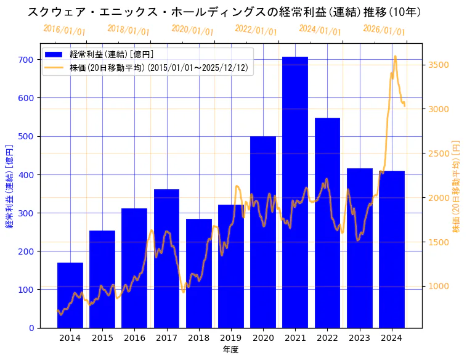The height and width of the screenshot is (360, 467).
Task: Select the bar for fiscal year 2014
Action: pyautogui.click(x=70, y=295)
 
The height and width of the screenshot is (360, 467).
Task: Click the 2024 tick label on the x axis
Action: pyautogui.click(x=392, y=337)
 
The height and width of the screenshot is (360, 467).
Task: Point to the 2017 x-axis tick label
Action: pyautogui.click(x=166, y=337)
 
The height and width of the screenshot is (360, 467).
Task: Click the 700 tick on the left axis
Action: pyautogui.click(x=25, y=60)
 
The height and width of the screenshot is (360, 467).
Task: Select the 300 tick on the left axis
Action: pyautogui.click(x=25, y=213)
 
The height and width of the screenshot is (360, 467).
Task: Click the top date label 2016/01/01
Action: pyautogui.click(x=64, y=30)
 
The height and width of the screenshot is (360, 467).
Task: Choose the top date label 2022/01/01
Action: pyautogui.click(x=256, y=30)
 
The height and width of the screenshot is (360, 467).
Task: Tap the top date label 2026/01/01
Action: pyautogui.click(x=384, y=30)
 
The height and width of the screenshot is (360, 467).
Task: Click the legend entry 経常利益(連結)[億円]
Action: pyautogui.click(x=111, y=54)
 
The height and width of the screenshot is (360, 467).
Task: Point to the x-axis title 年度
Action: pyautogui.click(x=230, y=350)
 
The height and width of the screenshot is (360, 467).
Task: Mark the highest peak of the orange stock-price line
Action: pyautogui.click(x=395, y=56)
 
